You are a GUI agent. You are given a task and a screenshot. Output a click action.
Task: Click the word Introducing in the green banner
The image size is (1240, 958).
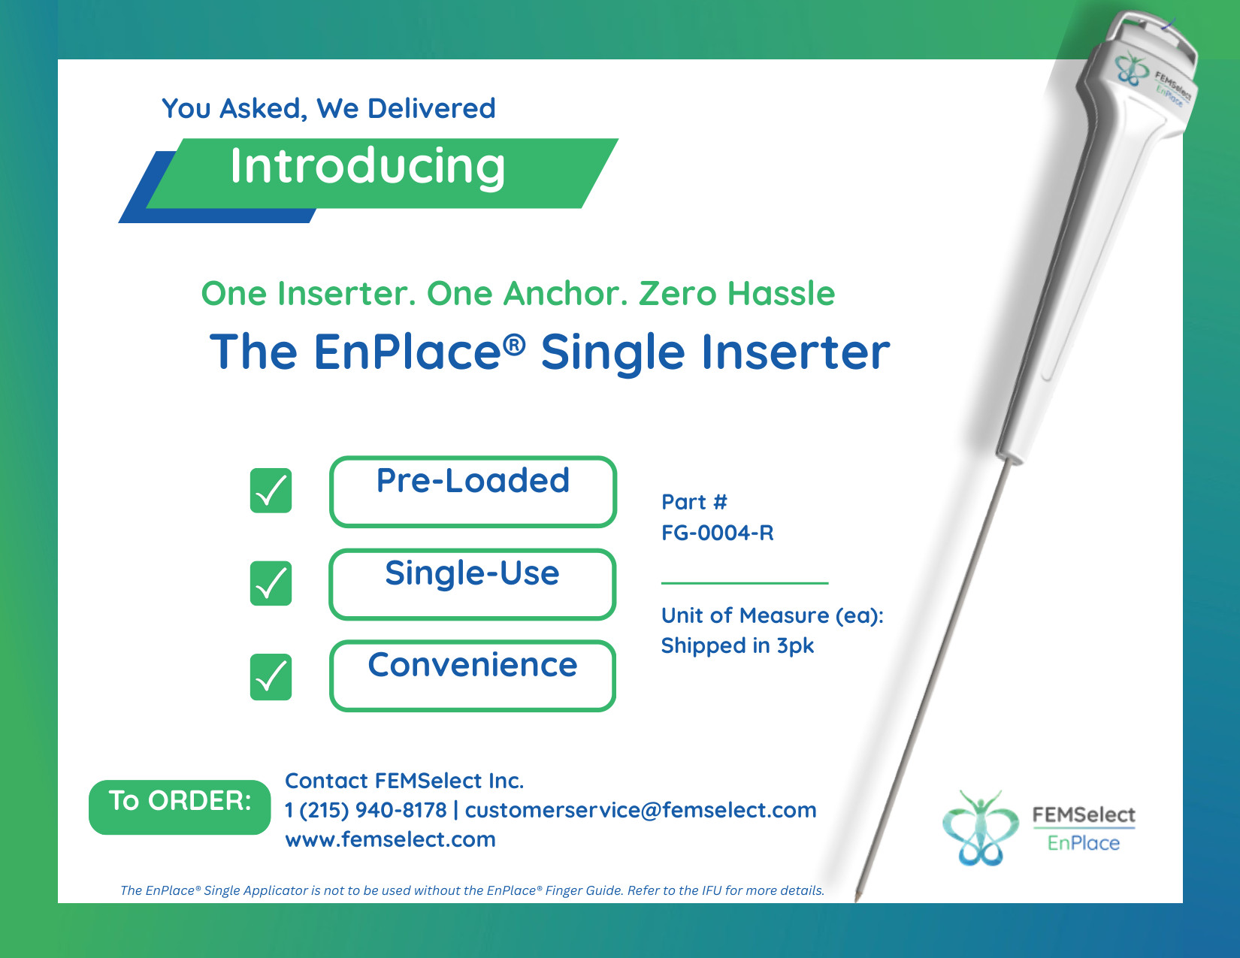coord(367,166)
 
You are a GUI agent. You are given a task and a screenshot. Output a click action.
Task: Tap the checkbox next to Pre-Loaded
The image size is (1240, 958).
coord(271,490)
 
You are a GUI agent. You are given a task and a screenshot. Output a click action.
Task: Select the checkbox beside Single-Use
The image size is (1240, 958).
coord(271,583)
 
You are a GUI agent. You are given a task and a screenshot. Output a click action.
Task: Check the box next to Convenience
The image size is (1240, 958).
coord(271,676)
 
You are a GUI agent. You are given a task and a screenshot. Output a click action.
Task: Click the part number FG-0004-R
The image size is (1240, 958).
coord(717,533)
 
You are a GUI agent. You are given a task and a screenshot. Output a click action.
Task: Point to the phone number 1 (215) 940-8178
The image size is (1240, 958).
coord(366,810)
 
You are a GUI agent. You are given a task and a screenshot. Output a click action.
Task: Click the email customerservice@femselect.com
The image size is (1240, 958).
coord(641,810)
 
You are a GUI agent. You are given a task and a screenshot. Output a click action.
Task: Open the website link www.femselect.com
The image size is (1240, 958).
coord(390,839)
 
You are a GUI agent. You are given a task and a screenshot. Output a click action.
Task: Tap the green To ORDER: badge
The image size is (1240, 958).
coord(180,807)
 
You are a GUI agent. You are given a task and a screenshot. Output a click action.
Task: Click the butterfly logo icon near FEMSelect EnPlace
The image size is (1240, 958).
coord(980,827)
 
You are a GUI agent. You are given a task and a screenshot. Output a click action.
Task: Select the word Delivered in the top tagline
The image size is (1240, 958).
coord(431,108)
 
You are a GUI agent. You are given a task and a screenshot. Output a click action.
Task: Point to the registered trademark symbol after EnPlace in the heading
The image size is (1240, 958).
coord(515,344)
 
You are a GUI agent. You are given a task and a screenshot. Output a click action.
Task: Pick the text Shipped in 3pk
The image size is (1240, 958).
coord(737,645)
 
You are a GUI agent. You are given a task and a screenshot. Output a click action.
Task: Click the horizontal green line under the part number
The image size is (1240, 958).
coord(745,582)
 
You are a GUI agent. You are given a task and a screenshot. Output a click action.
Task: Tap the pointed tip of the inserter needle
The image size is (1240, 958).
coord(857,900)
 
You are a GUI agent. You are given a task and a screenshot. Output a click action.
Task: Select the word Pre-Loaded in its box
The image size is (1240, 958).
coord(473,480)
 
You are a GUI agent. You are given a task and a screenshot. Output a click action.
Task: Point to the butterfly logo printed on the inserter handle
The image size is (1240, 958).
coord(1132,68)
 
